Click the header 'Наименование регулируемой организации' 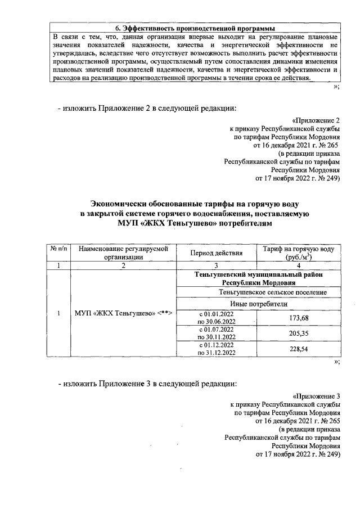click(x=124, y=253)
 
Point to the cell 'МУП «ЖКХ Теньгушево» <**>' click(x=124, y=313)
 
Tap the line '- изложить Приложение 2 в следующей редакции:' click(x=146, y=108)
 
